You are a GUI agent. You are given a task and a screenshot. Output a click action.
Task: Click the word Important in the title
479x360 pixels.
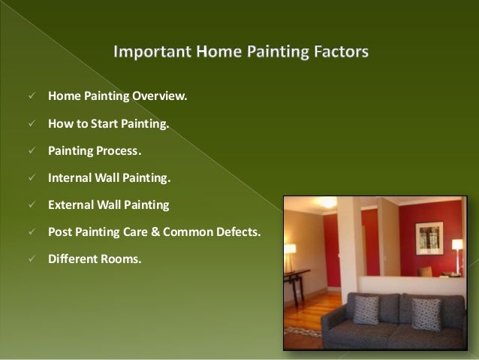pyautogui.click(x=152, y=52)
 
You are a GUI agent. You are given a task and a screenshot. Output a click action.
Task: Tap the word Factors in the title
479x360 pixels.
pyautogui.click(x=341, y=51)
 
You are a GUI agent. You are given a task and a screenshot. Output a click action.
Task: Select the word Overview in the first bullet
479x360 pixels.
pyautogui.click(x=159, y=96)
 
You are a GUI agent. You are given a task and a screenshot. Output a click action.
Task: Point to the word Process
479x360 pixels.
pyautogui.click(x=119, y=151)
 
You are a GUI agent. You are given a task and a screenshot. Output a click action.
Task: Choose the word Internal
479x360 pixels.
pyautogui.click(x=70, y=177)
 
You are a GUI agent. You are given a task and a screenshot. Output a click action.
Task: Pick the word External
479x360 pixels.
pyautogui.click(x=71, y=204)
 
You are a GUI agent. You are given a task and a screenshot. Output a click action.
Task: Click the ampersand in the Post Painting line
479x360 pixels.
pyautogui.click(x=155, y=231)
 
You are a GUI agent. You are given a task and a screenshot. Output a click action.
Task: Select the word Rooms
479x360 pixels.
pyautogui.click(x=121, y=259)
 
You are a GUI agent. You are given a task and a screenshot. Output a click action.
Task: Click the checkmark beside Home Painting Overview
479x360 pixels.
pyautogui.click(x=32, y=95)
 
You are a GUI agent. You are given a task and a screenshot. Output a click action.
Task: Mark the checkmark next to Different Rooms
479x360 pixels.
pyautogui.click(x=32, y=259)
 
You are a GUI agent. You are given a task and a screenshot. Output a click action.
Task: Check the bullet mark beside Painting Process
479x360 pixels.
pyautogui.click(x=32, y=150)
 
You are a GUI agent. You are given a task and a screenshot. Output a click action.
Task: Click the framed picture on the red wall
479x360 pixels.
pyautogui.click(x=429, y=238)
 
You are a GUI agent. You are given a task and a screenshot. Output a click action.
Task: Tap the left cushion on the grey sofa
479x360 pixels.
pyautogui.click(x=366, y=310)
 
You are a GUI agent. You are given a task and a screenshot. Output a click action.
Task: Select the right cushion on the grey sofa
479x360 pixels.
pyautogui.click(x=426, y=314)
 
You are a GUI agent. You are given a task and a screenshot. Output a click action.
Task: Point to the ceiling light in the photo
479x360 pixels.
pyautogui.click(x=326, y=202)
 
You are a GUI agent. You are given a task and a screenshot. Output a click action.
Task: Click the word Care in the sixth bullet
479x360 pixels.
pyautogui.click(x=135, y=231)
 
